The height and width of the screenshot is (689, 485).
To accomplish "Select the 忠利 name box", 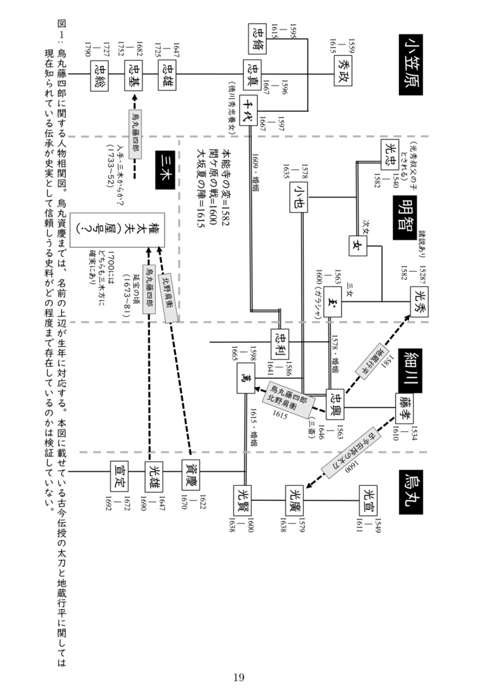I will pos(281,342).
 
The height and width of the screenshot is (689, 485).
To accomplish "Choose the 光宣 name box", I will pos(369,497).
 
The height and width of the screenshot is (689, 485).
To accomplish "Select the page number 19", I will pos(239,676).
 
